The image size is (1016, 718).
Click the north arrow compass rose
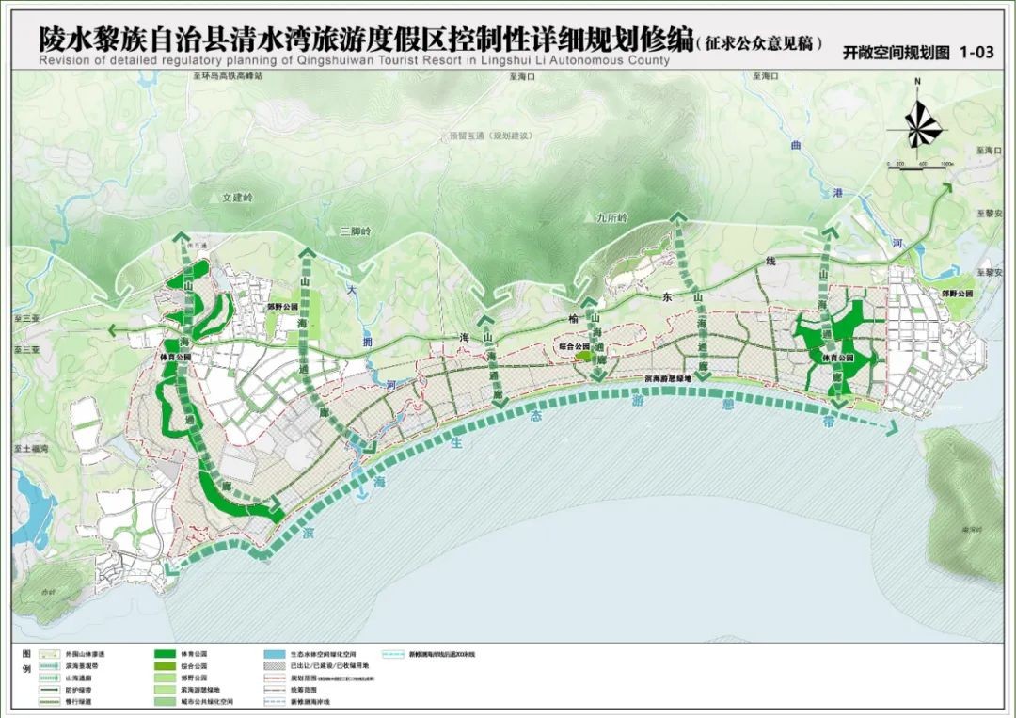point(918,121)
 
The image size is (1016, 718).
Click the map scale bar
point(921,166)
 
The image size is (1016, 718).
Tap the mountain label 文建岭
point(238,199)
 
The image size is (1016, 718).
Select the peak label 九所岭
point(611,217)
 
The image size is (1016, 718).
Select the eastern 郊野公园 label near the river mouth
point(970,293)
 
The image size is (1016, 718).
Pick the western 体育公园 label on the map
point(175,359)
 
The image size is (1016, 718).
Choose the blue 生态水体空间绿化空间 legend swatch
point(276,652)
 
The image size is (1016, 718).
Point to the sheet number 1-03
point(976,54)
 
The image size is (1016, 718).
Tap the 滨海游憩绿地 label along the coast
point(668,377)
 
